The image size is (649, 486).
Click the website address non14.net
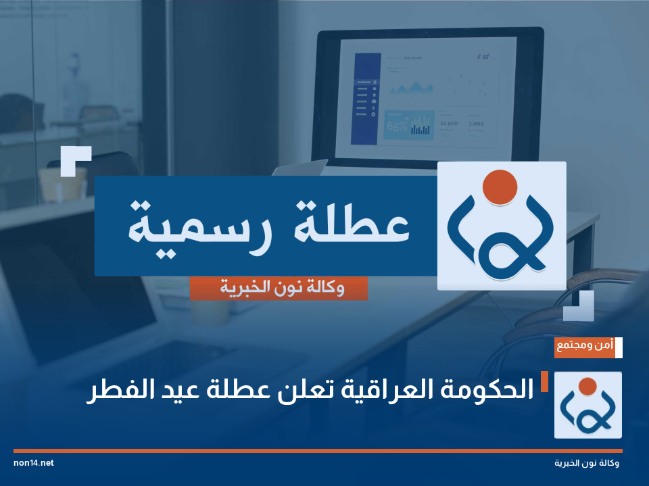33,463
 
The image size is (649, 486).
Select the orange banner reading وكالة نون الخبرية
279,289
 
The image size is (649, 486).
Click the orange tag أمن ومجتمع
585,347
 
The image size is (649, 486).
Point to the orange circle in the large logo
501,186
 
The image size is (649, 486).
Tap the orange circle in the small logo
587,387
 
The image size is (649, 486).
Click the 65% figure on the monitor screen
397,126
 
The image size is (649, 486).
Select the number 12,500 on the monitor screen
448,124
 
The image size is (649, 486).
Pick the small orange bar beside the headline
544,382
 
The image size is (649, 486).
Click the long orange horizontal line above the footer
318,450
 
